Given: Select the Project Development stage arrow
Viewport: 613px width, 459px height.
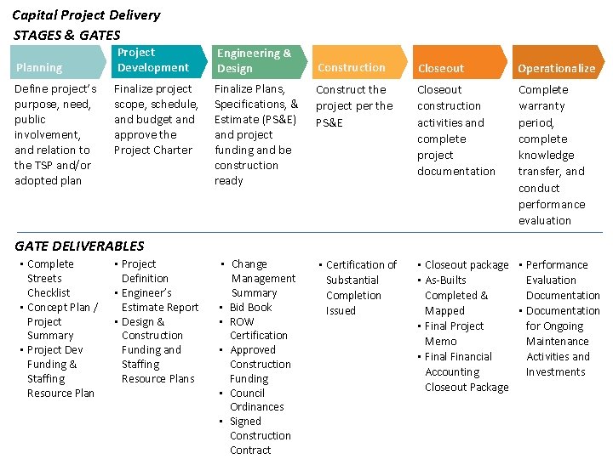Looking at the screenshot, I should click(x=153, y=60).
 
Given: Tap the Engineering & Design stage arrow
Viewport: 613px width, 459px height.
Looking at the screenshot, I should click(x=254, y=60).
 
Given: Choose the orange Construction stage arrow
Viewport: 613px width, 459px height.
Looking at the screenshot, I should click(x=352, y=62).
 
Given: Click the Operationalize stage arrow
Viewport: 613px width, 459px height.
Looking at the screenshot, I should click(x=557, y=62).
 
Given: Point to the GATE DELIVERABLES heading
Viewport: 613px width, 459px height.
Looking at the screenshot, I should click(x=79, y=246).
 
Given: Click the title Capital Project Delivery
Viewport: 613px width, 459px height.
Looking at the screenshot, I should click(x=86, y=14).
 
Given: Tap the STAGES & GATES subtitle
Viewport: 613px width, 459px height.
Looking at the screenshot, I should click(x=67, y=35).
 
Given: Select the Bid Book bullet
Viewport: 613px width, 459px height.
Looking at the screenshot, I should click(x=250, y=307).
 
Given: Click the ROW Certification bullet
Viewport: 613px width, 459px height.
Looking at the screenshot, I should click(x=258, y=328).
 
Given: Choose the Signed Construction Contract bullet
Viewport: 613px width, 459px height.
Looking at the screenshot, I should click(x=259, y=435).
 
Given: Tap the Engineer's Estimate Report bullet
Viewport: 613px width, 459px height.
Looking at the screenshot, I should click(x=159, y=300).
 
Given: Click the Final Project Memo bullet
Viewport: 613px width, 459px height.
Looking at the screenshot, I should click(x=454, y=333).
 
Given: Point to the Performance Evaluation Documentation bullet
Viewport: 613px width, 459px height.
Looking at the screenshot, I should click(x=562, y=280).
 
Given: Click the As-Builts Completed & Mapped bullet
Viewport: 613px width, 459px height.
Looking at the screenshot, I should click(x=455, y=295).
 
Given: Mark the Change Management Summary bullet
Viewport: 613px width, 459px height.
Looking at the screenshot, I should click(x=262, y=278).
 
